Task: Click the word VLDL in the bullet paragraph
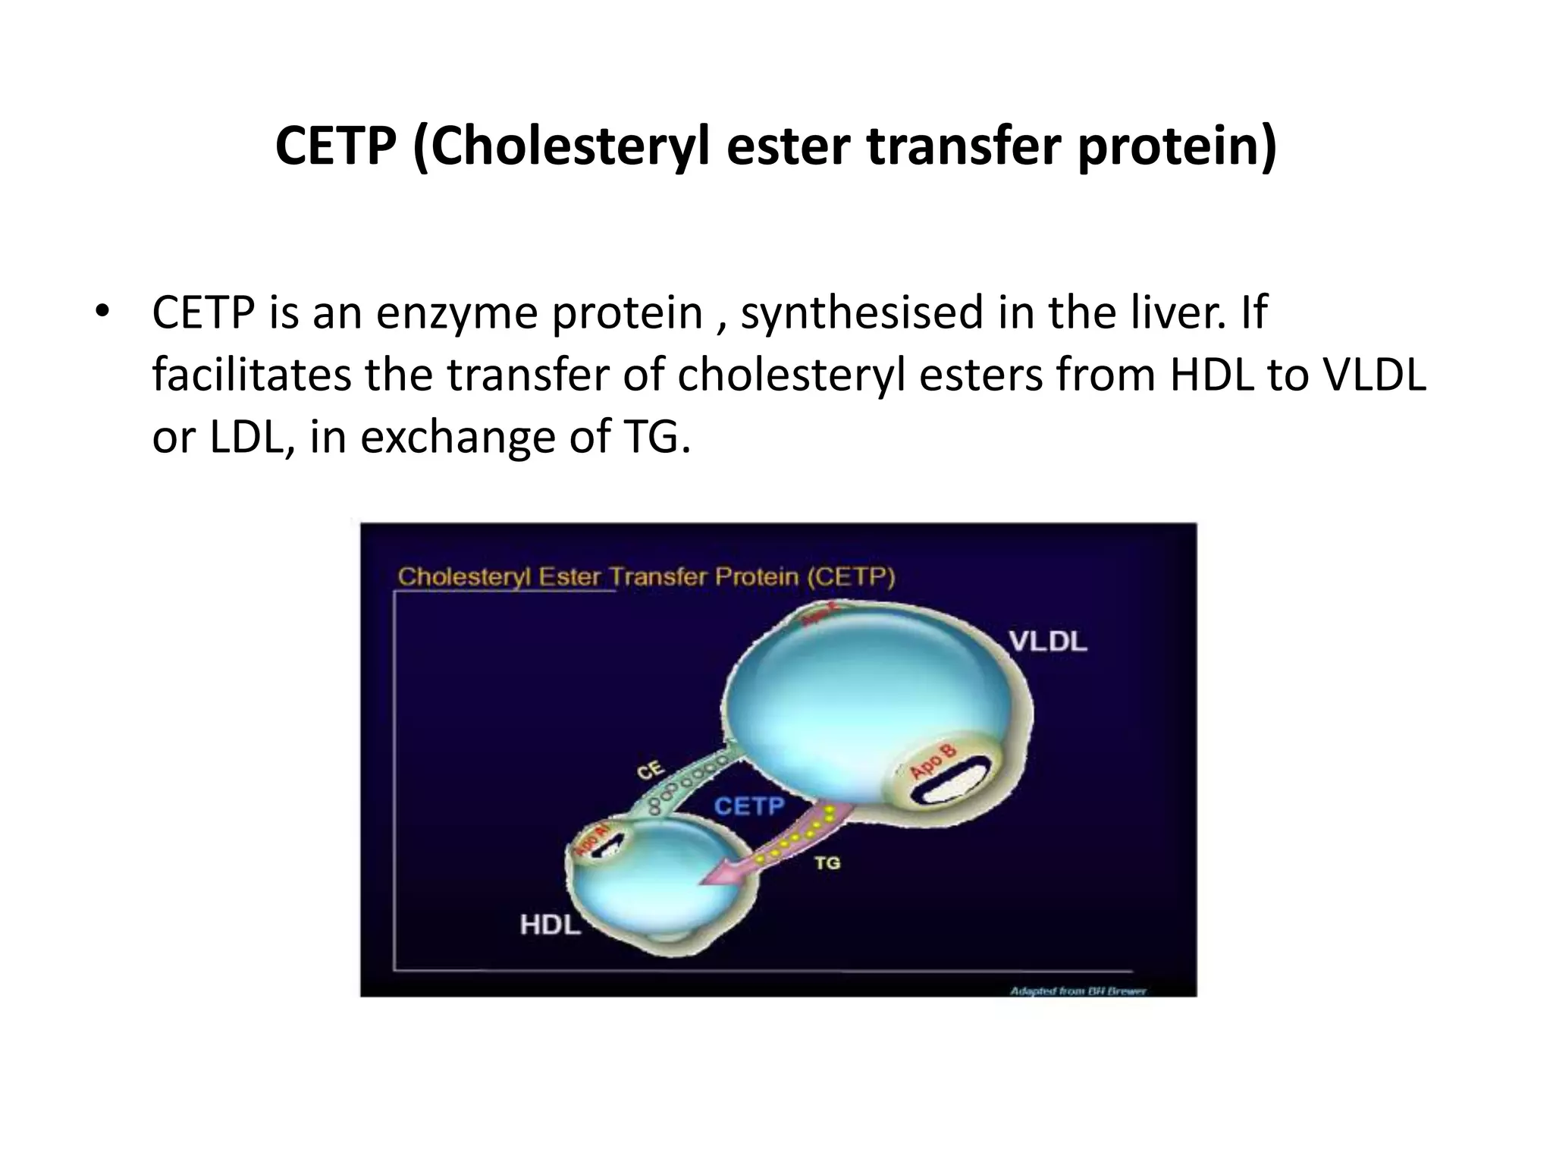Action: point(1373,375)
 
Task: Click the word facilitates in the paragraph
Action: point(251,375)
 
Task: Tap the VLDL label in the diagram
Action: point(1047,642)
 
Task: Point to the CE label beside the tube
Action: point(650,771)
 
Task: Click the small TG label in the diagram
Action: point(827,862)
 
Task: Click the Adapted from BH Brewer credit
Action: point(1078,991)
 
